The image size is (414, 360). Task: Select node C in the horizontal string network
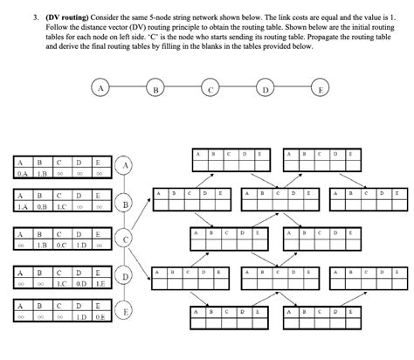(210, 88)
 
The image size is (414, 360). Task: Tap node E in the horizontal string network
(321, 88)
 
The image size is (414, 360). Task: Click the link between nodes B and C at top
(183, 88)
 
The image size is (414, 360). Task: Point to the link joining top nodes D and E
(293, 88)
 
